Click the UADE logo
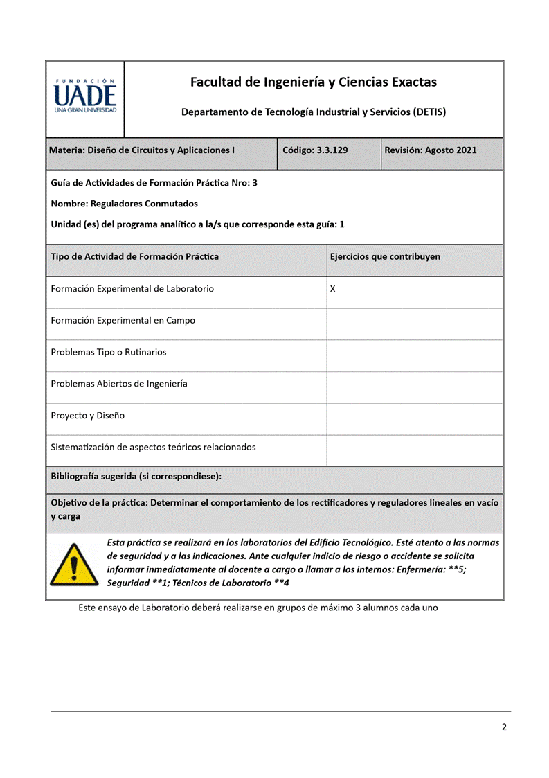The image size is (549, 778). point(85,96)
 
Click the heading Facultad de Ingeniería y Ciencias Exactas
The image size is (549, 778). point(314,82)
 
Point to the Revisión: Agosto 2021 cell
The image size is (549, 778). point(431,150)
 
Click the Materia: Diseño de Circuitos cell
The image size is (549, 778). point(142,150)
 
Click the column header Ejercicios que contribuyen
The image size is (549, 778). point(385,256)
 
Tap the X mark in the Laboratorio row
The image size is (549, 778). point(333,288)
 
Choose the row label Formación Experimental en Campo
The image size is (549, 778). point(123,320)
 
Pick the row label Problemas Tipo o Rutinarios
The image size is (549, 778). point(109,352)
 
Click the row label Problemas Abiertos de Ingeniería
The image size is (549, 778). point(119,383)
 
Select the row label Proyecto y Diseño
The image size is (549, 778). point(88,416)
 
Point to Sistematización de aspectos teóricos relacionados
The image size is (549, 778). point(153,447)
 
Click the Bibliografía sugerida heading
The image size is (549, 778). point(136,477)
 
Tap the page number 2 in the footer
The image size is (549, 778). point(504,727)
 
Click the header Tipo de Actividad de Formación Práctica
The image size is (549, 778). point(135,256)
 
